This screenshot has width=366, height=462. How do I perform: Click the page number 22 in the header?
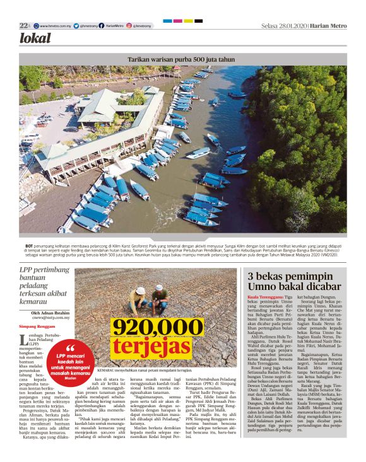pos(23,26)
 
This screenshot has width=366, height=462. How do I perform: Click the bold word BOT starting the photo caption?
pos(29,244)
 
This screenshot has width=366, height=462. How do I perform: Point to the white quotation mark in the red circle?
pos(71,348)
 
